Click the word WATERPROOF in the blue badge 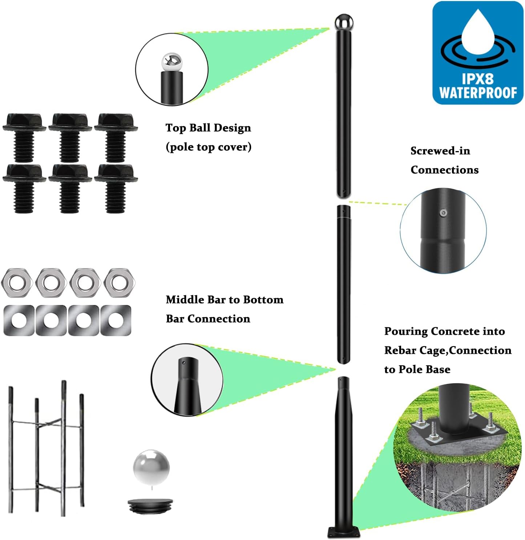(x=478, y=93)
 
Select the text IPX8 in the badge (x=477, y=79)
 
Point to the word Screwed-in (x=440, y=151)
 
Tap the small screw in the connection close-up (x=443, y=213)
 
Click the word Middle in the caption (x=185, y=300)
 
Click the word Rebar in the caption (x=400, y=350)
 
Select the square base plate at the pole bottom (x=343, y=532)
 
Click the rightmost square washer (x=116, y=320)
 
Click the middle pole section (x=343, y=283)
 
